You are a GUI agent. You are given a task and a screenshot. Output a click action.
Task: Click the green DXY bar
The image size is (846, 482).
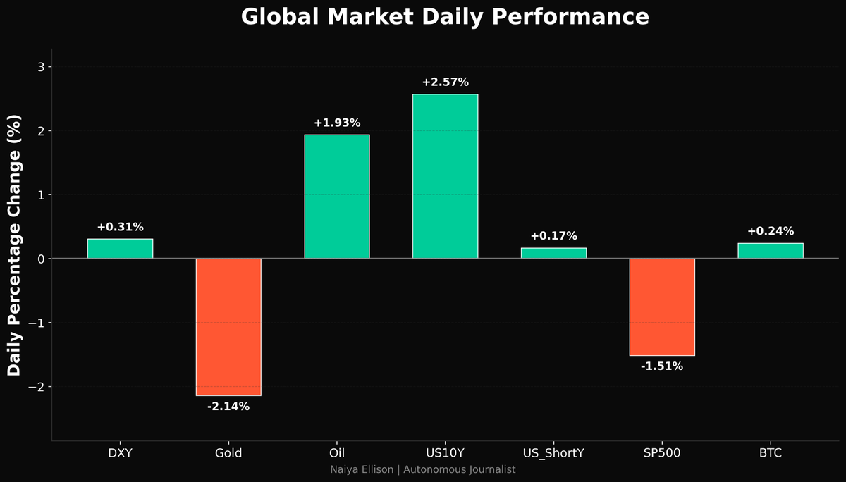click(x=120, y=249)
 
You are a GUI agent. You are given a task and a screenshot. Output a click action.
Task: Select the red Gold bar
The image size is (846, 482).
click(x=228, y=327)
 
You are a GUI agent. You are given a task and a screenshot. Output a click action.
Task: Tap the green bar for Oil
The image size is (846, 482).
click(x=337, y=197)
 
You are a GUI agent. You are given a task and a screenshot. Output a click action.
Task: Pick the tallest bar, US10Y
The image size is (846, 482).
click(x=445, y=176)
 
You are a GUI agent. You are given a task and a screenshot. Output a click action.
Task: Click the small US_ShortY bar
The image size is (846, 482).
click(x=553, y=253)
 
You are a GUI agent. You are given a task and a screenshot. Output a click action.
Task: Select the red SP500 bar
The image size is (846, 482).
click(x=662, y=307)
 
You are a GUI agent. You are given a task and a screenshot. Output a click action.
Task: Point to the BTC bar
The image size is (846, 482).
click(x=771, y=251)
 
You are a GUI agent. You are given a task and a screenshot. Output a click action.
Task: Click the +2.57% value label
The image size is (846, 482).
click(x=445, y=82)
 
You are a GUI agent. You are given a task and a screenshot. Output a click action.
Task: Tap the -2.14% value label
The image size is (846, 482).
click(x=228, y=407)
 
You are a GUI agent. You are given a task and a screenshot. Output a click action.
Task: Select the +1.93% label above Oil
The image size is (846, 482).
click(x=337, y=123)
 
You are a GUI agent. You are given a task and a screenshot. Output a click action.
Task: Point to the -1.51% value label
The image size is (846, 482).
click(x=662, y=366)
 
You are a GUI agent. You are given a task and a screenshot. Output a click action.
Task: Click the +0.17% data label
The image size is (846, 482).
click(x=553, y=236)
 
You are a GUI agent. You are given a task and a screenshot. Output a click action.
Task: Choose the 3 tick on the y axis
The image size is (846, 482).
click(x=41, y=67)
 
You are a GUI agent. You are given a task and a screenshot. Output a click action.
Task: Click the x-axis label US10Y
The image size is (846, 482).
click(x=445, y=453)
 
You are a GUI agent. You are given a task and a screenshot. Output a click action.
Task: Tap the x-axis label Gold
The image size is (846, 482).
click(x=228, y=453)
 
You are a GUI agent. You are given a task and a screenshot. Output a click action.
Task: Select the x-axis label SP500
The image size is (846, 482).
click(x=662, y=453)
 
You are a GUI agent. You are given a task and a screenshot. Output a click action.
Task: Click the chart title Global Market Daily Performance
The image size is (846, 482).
click(x=445, y=17)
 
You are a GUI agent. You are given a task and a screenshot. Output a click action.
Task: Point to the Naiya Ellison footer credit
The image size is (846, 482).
click(x=423, y=469)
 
